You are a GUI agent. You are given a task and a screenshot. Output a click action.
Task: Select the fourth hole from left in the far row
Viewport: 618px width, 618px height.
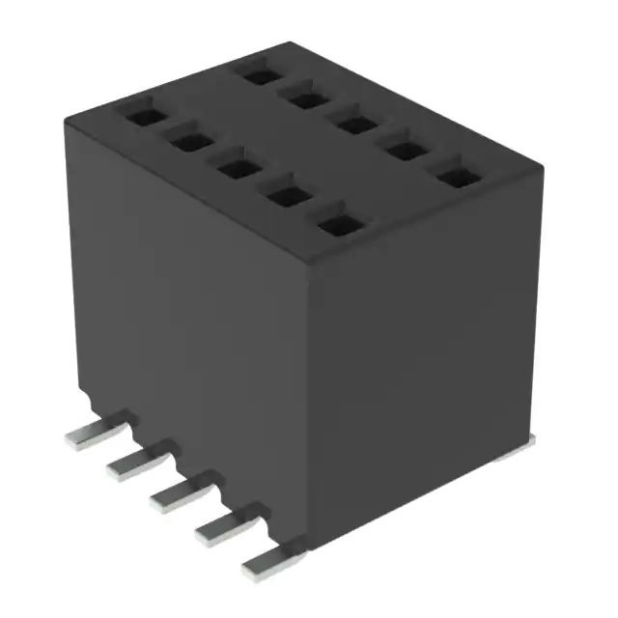[406, 151]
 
